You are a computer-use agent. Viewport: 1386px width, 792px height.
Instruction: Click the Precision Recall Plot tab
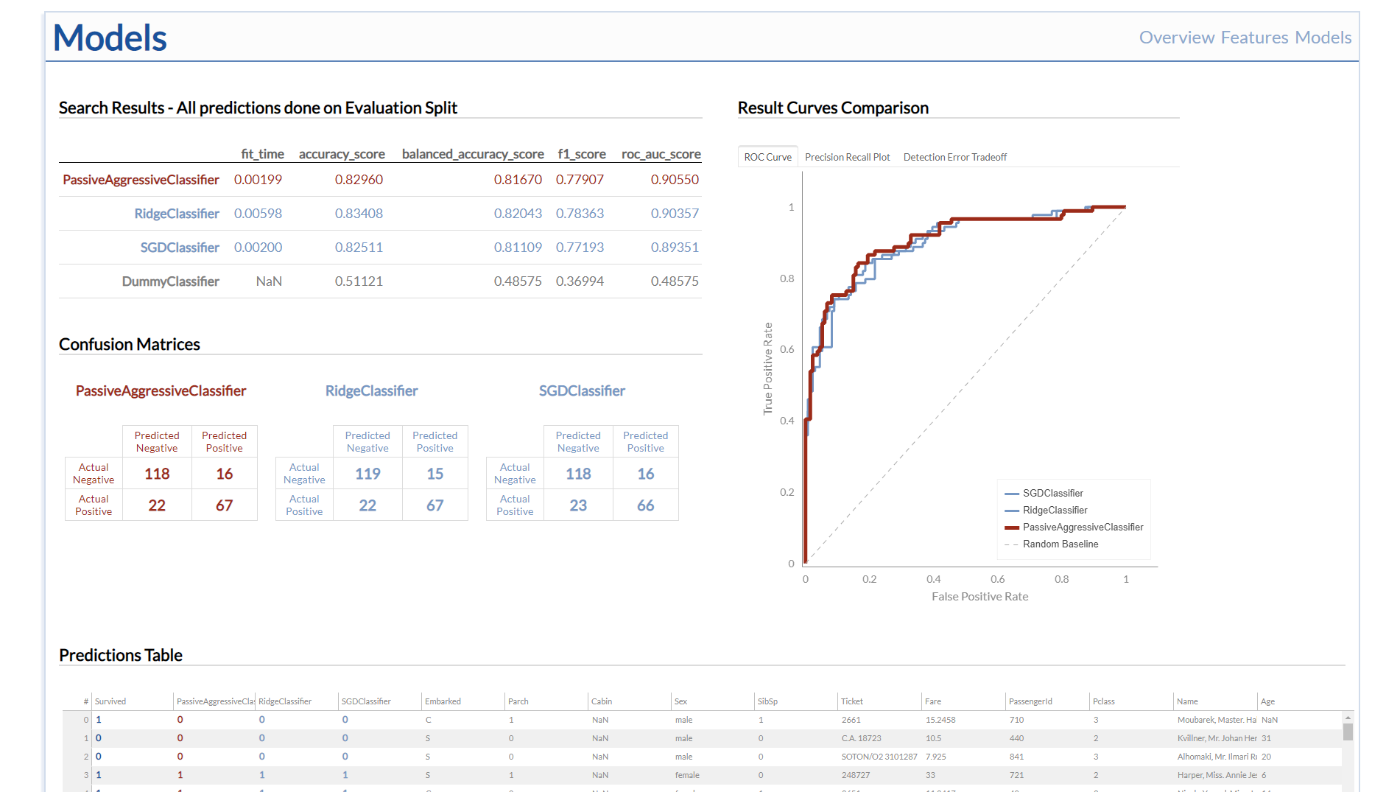(x=847, y=157)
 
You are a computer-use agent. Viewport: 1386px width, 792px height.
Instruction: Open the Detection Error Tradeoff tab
(x=954, y=157)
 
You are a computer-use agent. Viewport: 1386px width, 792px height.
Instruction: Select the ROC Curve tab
(x=767, y=157)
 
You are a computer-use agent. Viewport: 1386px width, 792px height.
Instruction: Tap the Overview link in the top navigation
(x=1176, y=38)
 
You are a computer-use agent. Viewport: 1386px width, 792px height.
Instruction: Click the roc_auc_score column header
(x=661, y=154)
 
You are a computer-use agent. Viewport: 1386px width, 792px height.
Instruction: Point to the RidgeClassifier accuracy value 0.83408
(x=359, y=214)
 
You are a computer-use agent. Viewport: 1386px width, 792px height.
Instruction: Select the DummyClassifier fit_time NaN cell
(x=269, y=281)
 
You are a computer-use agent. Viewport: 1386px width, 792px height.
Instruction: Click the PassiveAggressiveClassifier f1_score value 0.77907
(x=580, y=180)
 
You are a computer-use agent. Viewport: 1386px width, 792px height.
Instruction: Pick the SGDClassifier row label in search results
(x=180, y=248)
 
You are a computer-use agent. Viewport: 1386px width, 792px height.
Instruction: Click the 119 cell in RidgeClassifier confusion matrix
(x=367, y=474)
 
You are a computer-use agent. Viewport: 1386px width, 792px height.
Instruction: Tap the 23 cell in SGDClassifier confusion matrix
(x=578, y=505)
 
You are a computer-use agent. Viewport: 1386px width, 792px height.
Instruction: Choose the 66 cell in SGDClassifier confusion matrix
(x=645, y=505)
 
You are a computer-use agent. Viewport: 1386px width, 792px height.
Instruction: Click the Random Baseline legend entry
(x=1060, y=544)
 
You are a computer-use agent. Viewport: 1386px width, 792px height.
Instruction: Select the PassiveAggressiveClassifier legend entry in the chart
(x=1083, y=528)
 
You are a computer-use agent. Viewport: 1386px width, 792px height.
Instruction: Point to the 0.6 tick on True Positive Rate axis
(x=787, y=349)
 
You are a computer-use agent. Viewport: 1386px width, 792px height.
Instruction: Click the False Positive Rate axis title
(x=979, y=597)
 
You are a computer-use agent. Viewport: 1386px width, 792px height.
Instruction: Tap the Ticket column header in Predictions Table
(x=852, y=701)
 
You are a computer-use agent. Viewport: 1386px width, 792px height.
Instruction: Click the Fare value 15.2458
(x=940, y=720)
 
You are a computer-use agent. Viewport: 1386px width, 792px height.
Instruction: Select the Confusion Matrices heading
(x=130, y=344)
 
